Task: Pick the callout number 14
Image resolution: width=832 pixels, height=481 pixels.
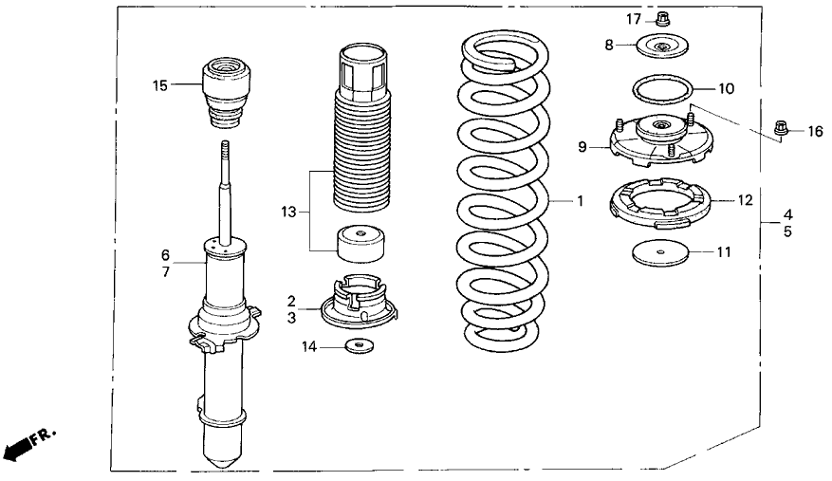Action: (x=308, y=347)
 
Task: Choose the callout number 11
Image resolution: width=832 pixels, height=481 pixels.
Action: (x=724, y=253)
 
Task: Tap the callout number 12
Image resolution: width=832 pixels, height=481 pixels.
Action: (x=745, y=200)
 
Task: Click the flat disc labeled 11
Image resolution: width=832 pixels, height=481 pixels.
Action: (x=659, y=253)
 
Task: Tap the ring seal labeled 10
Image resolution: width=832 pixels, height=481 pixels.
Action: (x=661, y=90)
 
